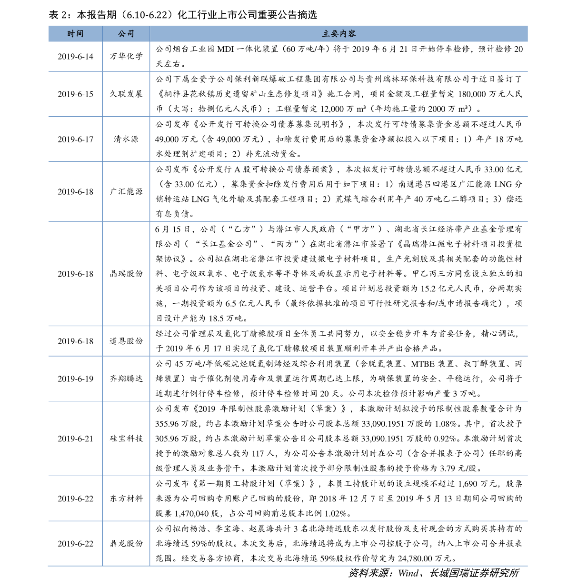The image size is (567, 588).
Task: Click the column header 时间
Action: (75, 33)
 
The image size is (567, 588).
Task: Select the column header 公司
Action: (126, 33)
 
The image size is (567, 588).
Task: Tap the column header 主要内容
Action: (338, 33)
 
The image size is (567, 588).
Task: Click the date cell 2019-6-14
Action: (76, 57)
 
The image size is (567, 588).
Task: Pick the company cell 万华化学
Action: (126, 56)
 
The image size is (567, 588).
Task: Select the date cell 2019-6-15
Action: (76, 94)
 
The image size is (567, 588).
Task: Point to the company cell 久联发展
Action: (126, 94)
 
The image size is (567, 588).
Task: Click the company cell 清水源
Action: (126, 139)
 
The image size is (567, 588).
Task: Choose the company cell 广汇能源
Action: (126, 191)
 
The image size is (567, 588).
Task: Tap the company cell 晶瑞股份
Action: (126, 273)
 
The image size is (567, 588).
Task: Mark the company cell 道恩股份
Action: (126, 341)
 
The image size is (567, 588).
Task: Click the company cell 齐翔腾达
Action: (126, 379)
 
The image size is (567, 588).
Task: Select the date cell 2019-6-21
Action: (76, 439)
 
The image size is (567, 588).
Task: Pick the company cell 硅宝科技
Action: (126, 439)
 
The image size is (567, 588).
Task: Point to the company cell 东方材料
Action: (126, 498)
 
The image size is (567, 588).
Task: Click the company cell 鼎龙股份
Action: (126, 543)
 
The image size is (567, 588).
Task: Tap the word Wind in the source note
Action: (408, 573)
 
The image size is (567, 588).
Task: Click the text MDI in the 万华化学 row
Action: (225, 49)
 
